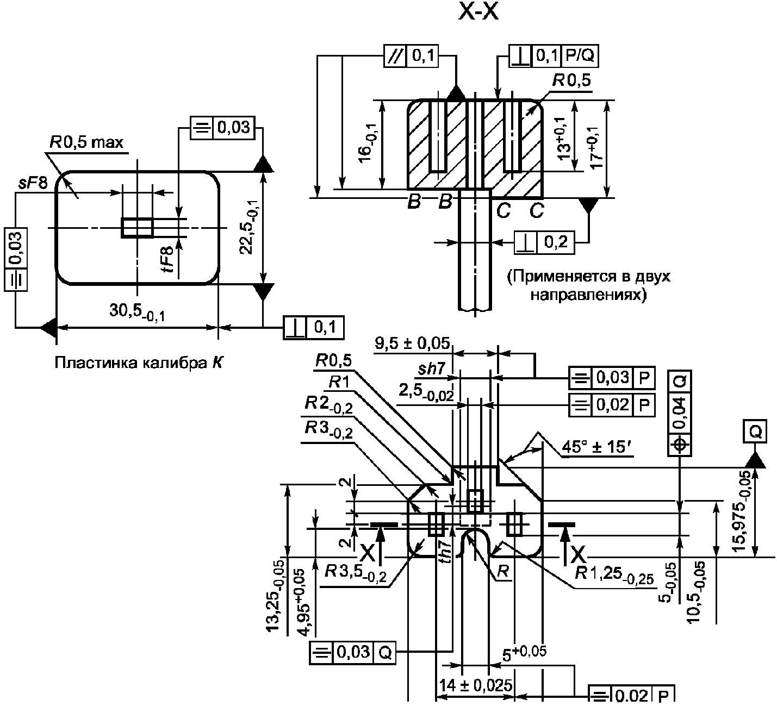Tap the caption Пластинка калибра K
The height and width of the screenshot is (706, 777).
[x=139, y=363]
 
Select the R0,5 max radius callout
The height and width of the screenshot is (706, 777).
[x=86, y=142]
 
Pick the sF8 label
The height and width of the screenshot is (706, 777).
[x=33, y=183]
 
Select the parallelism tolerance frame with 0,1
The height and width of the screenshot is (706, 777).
[x=411, y=56]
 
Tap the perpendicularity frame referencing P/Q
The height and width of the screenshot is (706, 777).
[x=554, y=56]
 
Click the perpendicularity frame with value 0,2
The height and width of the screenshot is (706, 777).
[x=544, y=242]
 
